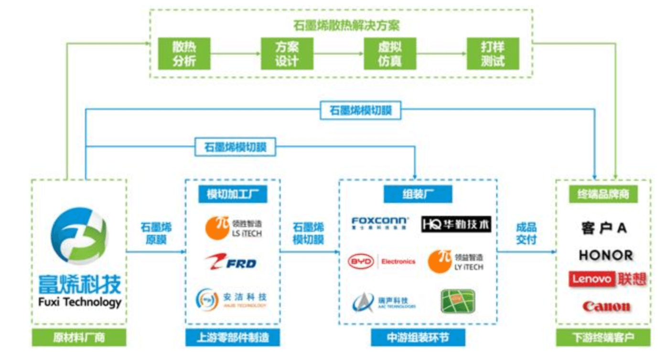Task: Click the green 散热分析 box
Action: click(184, 54)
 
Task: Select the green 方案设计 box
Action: click(287, 54)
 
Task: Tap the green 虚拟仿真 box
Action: click(390, 54)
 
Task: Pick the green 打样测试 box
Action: click(493, 54)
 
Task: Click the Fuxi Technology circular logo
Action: click(79, 236)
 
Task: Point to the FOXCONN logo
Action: click(380, 223)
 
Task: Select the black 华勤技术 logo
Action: click(456, 224)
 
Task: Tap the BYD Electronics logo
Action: click(381, 262)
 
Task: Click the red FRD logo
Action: click(231, 262)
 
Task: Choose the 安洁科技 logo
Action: click(231, 299)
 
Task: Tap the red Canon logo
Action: click(606, 306)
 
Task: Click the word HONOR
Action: click(606, 255)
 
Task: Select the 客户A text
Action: click(604, 228)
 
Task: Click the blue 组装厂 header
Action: click(418, 194)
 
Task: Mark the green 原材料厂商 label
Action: click(79, 338)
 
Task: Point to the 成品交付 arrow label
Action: click(526, 233)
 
